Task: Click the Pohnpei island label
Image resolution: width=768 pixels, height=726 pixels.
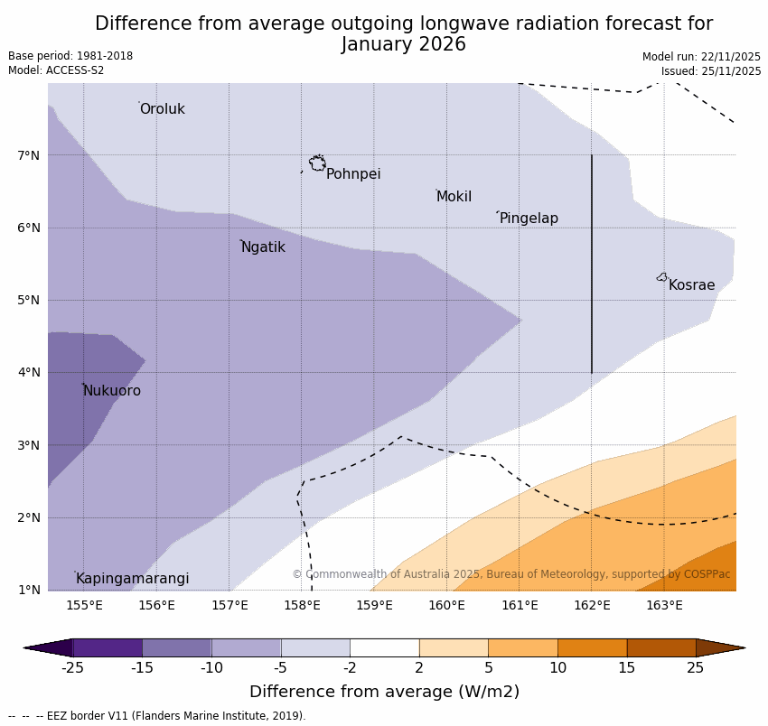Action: coord(352,174)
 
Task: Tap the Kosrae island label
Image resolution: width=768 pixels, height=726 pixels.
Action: coord(691,285)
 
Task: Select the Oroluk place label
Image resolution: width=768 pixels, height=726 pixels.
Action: coord(162,109)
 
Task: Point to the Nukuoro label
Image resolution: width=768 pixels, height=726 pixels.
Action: coord(112,391)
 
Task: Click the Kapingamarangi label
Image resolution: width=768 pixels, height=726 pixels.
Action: coord(132,579)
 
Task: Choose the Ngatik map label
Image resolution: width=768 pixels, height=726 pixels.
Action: coord(263,247)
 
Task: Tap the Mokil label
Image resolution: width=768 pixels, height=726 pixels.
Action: coord(454,197)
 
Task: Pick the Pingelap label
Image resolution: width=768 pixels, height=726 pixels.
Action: coord(529,219)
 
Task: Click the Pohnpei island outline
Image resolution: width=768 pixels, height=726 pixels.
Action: coord(317,163)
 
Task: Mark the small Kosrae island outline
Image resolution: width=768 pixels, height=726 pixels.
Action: coord(662,277)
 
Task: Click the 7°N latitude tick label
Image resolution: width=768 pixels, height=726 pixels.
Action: coord(29,155)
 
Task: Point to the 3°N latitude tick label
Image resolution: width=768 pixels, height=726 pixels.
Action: coord(29,445)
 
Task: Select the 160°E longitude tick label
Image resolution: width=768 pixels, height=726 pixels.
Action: coord(446,605)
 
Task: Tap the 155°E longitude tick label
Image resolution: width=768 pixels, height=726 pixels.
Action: coord(84,605)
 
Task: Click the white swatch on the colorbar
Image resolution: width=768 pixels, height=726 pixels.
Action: coord(384,647)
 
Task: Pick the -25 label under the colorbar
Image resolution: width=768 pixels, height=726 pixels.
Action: coord(72,668)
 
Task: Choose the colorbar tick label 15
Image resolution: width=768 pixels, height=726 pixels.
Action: coord(627,668)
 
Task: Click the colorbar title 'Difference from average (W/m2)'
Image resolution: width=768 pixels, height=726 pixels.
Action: coord(384,692)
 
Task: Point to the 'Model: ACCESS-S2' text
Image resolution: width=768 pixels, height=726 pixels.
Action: coord(56,70)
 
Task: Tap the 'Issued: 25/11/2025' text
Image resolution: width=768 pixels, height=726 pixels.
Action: coord(710,71)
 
